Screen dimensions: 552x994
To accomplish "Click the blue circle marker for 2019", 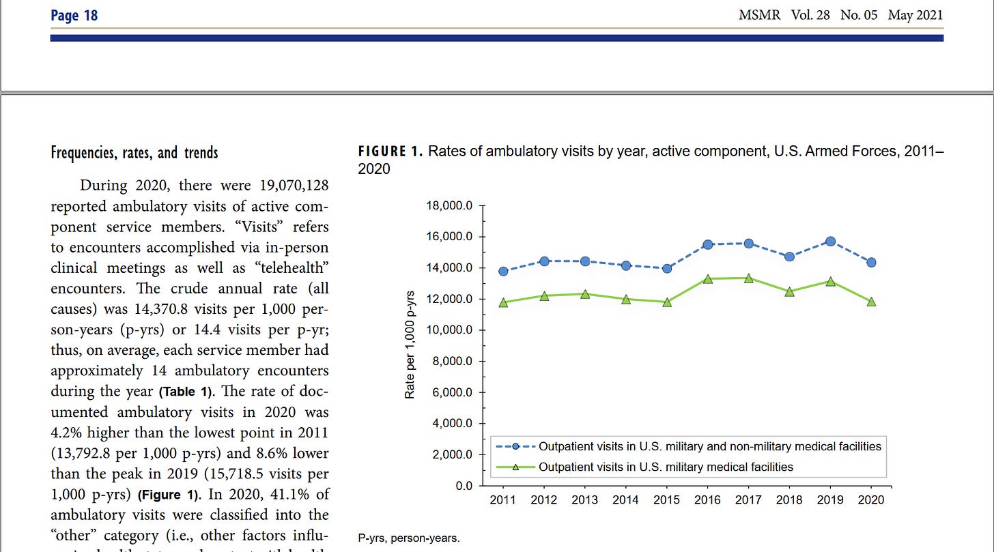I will click(830, 242).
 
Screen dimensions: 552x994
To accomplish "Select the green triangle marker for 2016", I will click(708, 279).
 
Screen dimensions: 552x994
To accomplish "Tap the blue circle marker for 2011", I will click(503, 271).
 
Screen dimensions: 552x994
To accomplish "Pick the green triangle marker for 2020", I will click(871, 302).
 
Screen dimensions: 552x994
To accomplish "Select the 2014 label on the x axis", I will click(626, 500).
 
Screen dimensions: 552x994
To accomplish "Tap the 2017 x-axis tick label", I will click(748, 500).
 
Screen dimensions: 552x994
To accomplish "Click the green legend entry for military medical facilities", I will click(666, 467).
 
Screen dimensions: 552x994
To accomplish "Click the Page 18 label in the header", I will click(74, 15).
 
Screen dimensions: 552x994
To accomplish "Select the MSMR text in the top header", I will click(759, 15).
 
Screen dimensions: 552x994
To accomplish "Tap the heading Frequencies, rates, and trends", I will click(134, 152).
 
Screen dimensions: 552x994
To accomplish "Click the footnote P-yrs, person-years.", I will click(409, 538).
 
